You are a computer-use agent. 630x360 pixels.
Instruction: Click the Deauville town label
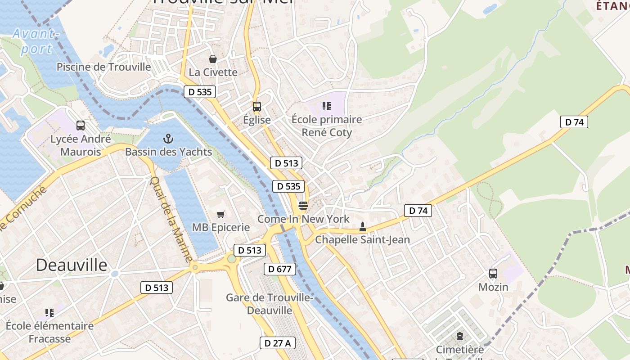coord(72,265)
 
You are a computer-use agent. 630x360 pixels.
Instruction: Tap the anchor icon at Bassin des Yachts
coord(168,139)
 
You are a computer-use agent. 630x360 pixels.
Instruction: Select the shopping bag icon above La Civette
coord(212,59)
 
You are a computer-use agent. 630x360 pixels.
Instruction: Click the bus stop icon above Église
coord(256,107)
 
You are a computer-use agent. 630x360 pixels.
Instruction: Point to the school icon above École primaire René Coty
coord(326,106)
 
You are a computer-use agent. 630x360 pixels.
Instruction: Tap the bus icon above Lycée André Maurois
coord(81,126)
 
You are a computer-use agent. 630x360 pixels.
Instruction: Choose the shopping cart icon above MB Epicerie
coord(220,214)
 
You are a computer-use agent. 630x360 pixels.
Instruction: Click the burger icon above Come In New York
coord(303,206)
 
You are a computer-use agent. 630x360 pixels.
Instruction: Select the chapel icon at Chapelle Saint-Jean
coord(362,227)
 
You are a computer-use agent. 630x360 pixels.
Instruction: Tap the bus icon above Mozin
coord(493,274)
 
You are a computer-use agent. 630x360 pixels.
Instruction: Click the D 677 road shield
coord(279,269)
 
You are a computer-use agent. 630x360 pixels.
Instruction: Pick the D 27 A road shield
coord(278,343)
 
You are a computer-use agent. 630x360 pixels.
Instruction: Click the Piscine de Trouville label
coord(103,67)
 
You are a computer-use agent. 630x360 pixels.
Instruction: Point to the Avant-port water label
coord(36,41)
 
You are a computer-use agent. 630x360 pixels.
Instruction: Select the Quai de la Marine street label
coord(171,220)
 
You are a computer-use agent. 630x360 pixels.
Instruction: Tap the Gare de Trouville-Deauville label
coord(269,304)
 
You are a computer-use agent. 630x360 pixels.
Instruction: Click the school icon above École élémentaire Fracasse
coord(49,312)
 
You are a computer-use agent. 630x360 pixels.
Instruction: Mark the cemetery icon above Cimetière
coord(459,336)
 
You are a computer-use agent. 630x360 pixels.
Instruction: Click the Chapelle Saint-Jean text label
coord(362,239)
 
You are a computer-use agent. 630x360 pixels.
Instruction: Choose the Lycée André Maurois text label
coord(81,145)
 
